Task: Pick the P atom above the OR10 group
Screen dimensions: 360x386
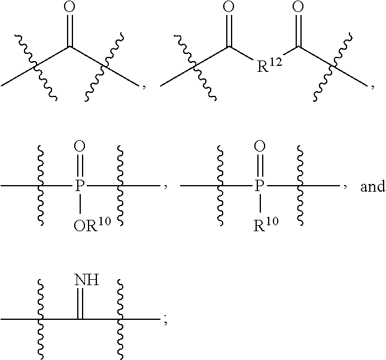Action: pos(80,187)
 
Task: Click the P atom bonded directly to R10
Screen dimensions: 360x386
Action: pos(259,187)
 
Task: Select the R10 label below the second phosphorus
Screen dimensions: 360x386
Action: pos(263,226)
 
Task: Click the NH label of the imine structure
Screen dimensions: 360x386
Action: pos(86,280)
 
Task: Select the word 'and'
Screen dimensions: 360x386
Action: pos(372,187)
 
